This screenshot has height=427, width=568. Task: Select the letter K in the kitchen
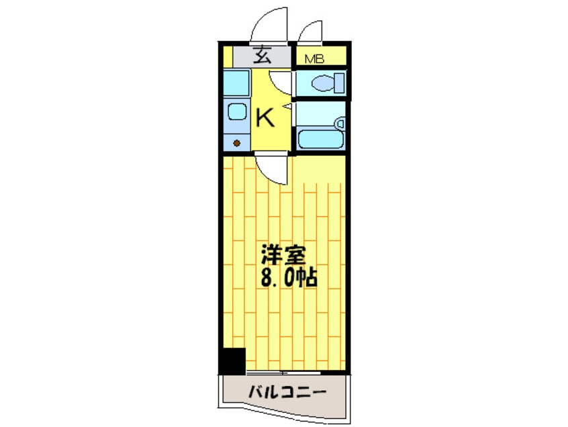pyautogui.click(x=266, y=120)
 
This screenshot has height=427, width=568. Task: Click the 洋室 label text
pyautogui.click(x=284, y=255)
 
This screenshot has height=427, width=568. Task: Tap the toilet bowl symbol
pyautogui.click(x=320, y=84)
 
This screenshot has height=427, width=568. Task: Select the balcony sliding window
pyautogui.click(x=283, y=372)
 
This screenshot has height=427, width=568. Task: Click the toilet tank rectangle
pyautogui.click(x=339, y=84)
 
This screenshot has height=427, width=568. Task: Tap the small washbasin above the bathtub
pyautogui.click(x=340, y=124)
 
